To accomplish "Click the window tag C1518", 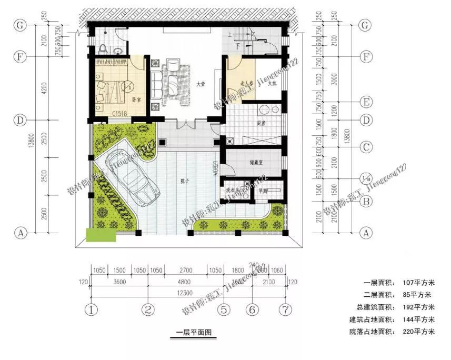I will (119, 113).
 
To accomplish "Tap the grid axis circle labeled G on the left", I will (20, 25).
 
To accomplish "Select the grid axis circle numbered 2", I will (148, 309).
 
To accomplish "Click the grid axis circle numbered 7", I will (286, 309).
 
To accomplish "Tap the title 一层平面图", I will (193, 333).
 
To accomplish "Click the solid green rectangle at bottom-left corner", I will (101, 235).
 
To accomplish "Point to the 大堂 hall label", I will (201, 84).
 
